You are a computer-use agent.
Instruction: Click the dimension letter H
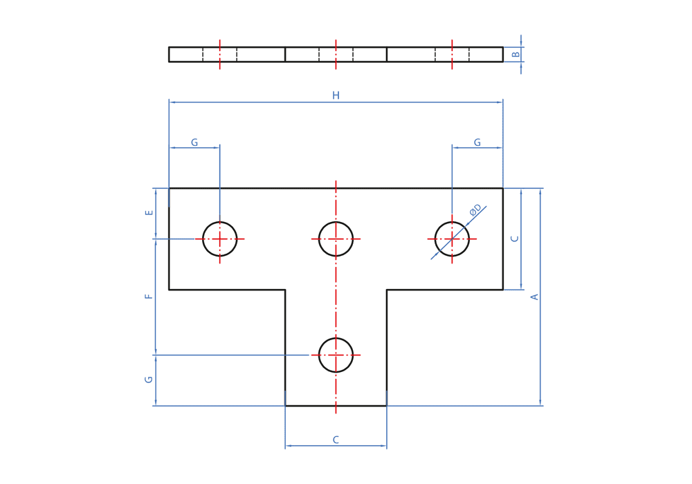click(x=336, y=96)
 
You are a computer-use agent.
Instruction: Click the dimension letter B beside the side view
click(x=516, y=55)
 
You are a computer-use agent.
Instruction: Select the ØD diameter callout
click(x=475, y=210)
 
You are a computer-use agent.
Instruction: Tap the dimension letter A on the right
click(x=534, y=297)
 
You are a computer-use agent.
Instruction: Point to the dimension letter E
click(x=149, y=212)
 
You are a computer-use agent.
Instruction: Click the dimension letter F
click(x=149, y=296)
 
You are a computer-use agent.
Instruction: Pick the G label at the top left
click(x=194, y=143)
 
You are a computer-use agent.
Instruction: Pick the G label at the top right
click(x=477, y=143)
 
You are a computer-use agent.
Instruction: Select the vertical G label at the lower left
click(x=149, y=380)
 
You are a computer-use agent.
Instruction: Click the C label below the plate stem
click(x=336, y=440)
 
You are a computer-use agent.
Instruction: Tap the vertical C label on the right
click(x=515, y=239)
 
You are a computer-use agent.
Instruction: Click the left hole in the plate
click(x=220, y=239)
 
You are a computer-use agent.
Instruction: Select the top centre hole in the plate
click(x=336, y=239)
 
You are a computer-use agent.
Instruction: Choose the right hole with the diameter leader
click(x=452, y=239)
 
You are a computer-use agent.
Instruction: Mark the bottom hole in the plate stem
click(x=336, y=355)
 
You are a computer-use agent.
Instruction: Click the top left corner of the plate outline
click(x=169, y=188)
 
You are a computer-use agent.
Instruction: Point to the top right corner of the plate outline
click(x=503, y=188)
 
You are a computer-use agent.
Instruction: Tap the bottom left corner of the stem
click(x=285, y=406)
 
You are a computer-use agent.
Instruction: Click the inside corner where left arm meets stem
click(x=285, y=290)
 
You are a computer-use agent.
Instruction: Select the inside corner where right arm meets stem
click(x=387, y=290)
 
